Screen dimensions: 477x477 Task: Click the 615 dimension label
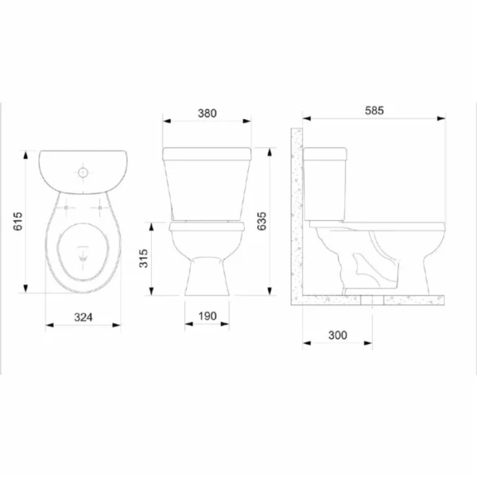[x=18, y=221]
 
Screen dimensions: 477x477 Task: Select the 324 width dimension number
[x=83, y=317]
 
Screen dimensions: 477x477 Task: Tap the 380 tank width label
[x=207, y=113]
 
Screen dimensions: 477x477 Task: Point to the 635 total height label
[x=262, y=221]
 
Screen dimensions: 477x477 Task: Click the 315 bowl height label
[x=143, y=258]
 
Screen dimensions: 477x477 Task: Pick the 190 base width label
[x=207, y=316]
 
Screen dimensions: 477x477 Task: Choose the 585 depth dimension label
[x=374, y=111]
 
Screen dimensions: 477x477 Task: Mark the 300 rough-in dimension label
[x=338, y=335]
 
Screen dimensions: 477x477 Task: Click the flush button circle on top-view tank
[x=83, y=173]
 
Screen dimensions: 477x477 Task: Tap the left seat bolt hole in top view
[x=66, y=207]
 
